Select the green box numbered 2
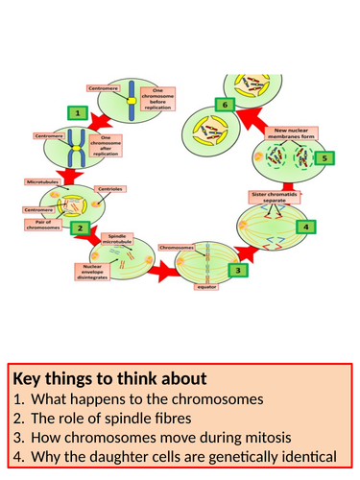[83, 228]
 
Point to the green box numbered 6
[225, 104]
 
